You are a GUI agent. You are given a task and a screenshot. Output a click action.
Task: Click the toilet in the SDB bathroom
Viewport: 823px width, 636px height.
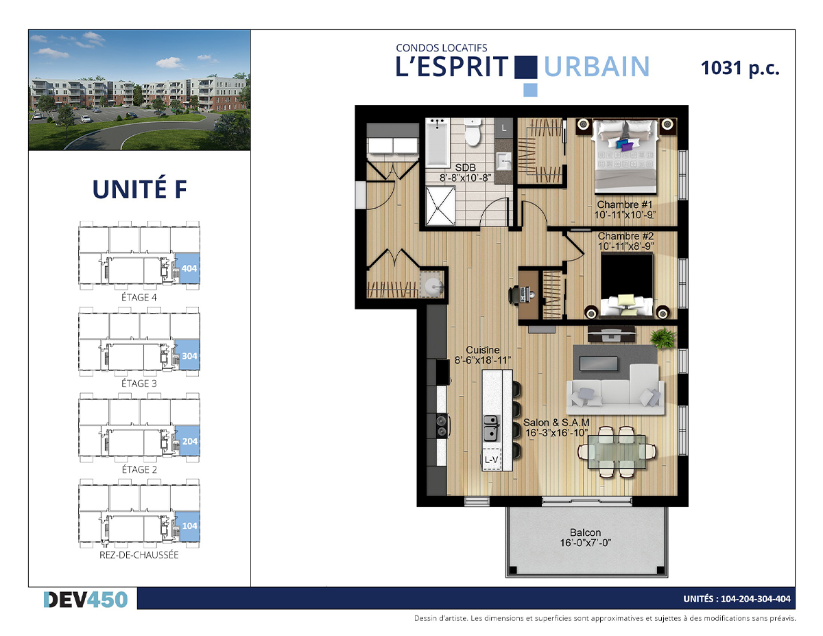[x=473, y=132]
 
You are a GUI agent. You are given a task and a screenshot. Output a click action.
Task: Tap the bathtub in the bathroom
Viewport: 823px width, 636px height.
[x=438, y=143]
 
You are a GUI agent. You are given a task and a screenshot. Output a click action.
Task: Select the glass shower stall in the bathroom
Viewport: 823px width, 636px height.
[x=440, y=206]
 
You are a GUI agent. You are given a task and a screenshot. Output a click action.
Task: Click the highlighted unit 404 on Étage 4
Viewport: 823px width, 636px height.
[x=189, y=268]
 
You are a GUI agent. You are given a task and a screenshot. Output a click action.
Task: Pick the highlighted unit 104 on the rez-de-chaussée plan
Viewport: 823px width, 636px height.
[x=189, y=526]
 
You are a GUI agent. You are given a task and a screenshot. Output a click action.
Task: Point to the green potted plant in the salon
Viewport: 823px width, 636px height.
[x=663, y=338]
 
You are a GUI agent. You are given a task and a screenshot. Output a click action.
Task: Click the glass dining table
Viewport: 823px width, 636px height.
[x=617, y=452]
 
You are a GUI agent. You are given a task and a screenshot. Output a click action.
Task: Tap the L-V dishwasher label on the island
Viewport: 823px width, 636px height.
[x=491, y=460]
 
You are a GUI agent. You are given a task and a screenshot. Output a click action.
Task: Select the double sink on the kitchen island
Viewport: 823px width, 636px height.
[x=491, y=428]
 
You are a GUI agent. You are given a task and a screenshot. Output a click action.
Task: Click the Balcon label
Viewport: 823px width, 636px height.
[x=586, y=532]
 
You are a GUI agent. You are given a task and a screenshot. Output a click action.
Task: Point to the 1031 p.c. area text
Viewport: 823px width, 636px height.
[x=740, y=68]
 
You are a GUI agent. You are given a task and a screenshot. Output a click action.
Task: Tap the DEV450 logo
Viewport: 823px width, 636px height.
[x=86, y=600]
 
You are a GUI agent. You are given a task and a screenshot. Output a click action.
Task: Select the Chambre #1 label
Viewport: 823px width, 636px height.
[x=625, y=204]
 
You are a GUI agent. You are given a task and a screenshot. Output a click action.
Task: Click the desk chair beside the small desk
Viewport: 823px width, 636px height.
[x=514, y=295]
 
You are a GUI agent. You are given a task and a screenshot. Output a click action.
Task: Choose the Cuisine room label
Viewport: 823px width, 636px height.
[x=483, y=350]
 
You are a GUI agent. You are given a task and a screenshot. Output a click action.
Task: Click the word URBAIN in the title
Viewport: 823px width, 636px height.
[x=597, y=67]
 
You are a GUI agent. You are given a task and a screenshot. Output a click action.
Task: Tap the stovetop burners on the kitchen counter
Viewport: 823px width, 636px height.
[x=442, y=426]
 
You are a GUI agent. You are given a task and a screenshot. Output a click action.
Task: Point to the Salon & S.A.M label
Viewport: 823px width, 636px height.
[x=556, y=423]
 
